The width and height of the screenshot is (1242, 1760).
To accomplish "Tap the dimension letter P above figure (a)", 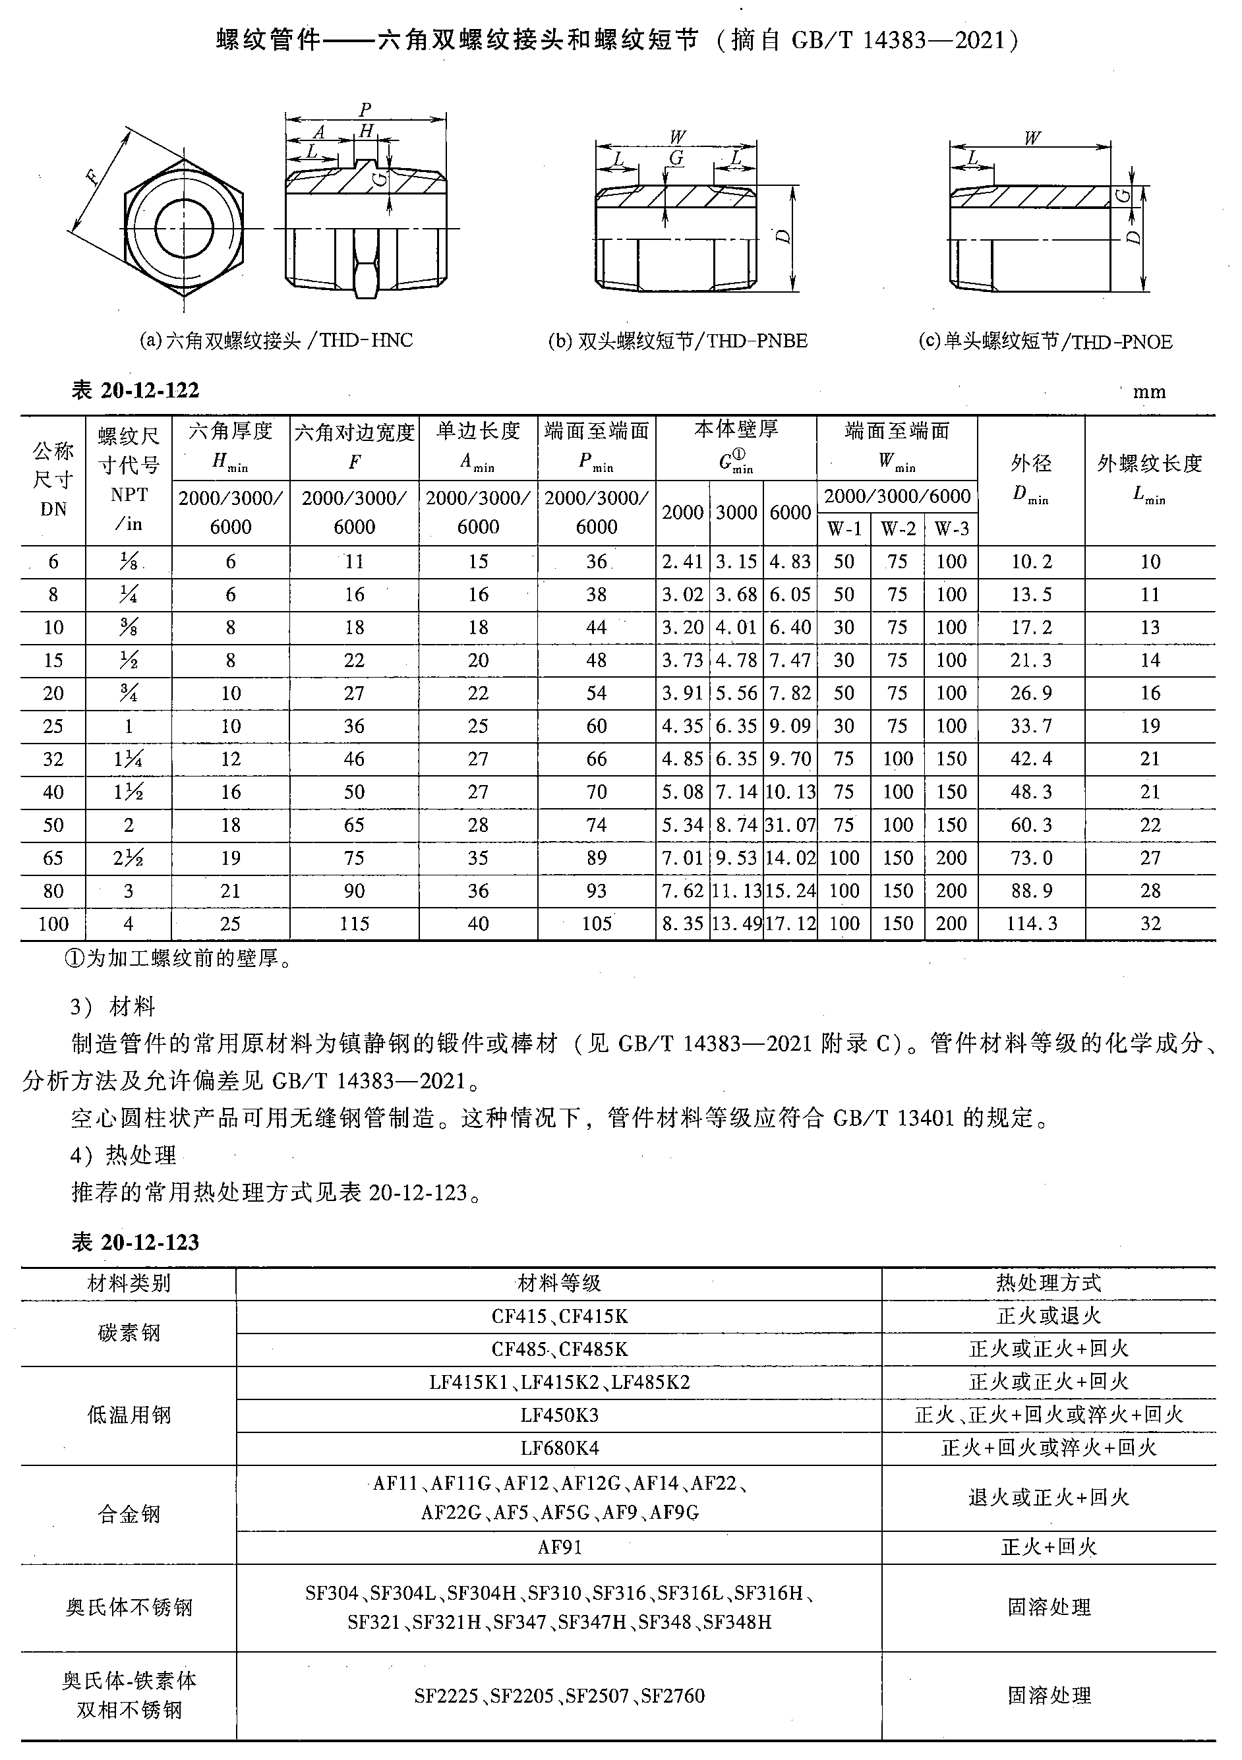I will coord(366,109).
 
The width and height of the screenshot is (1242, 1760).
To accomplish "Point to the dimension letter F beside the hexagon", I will coord(93,179).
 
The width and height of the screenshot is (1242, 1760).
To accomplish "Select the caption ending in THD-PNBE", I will coord(678,341).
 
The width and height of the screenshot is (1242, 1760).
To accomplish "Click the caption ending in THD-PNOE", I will coord(1045,342).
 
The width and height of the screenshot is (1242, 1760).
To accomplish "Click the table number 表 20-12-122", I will coord(135,391).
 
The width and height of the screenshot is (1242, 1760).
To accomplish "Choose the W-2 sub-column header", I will coord(898,529).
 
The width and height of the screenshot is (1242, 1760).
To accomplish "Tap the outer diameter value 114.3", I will coord(1031,924).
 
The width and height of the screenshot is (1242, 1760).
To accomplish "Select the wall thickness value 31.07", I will coord(790,825).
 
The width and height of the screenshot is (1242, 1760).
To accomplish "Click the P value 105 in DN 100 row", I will coord(596,924).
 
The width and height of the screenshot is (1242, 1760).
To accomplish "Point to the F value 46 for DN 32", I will coord(354,759).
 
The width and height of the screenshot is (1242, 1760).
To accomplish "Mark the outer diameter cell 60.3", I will coord(1031,825).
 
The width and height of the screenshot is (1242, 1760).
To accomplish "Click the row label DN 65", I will coord(53,858).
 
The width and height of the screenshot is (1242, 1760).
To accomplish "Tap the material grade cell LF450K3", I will coord(559,1415).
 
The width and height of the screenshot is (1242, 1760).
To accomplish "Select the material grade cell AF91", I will coord(559,1547).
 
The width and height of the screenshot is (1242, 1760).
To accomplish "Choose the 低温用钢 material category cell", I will coord(129,1415).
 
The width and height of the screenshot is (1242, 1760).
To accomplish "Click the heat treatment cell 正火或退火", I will coord(1048,1316).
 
